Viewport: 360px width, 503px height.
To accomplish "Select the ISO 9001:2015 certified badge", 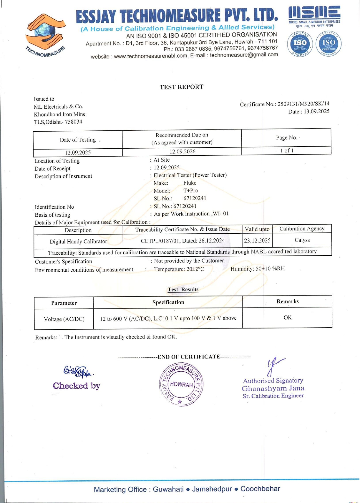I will (300, 43).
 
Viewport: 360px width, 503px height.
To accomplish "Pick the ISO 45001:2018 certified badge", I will (328, 43).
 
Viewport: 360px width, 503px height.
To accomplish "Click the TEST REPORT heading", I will (181, 87).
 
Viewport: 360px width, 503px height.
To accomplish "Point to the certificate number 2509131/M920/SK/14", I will (303, 104).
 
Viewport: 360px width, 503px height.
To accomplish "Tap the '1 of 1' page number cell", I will (286, 151).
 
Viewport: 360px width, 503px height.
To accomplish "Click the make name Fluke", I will (190, 183).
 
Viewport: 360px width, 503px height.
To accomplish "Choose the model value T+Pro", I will (190, 191).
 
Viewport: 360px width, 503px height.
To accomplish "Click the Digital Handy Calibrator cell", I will (78, 242).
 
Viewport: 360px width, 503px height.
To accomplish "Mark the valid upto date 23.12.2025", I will (257, 240).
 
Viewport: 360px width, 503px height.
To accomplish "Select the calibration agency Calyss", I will (302, 240).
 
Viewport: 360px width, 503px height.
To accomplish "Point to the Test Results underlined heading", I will (183, 290).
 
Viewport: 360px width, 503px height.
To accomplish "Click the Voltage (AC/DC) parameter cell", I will (64, 319).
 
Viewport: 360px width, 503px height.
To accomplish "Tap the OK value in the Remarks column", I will (288, 318).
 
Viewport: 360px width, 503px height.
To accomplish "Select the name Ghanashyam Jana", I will (273, 389).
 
